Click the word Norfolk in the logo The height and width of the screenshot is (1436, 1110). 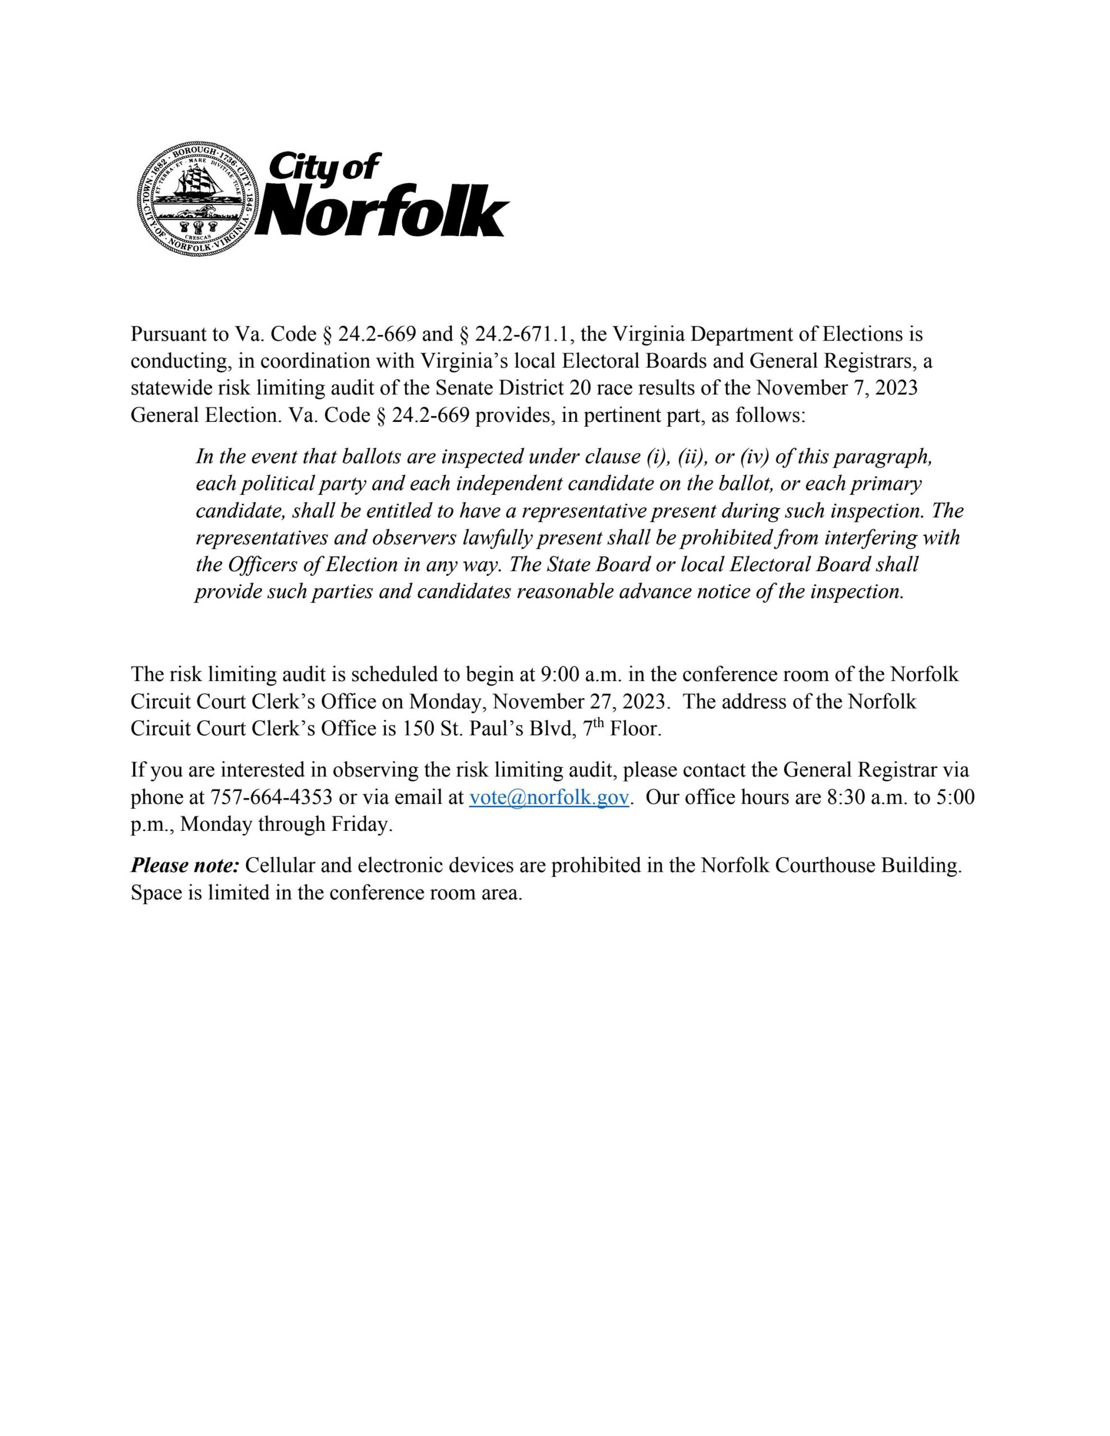[384, 211]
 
